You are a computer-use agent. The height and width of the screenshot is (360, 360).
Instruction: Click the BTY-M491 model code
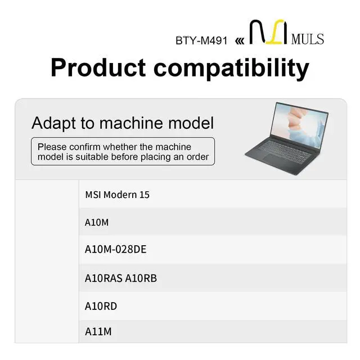point(201,41)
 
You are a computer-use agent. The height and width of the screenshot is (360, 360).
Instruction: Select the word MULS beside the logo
point(308,39)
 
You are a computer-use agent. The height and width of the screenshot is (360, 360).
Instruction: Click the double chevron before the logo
point(240,41)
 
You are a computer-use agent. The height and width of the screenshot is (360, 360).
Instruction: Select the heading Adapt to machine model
point(123,123)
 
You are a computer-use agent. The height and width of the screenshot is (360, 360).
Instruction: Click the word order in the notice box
point(196,157)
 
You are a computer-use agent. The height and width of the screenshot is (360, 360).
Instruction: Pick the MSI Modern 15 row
point(117,195)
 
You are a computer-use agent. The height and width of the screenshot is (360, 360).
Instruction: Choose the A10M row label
point(97,222)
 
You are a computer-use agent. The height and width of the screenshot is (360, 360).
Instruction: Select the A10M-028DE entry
point(115,249)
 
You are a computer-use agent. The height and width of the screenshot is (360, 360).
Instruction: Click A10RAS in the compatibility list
point(102,278)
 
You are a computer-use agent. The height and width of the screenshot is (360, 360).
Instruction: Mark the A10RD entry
point(101,306)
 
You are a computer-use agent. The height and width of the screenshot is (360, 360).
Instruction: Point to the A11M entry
point(98,332)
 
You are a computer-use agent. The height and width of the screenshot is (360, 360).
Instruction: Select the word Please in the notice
point(52,147)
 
